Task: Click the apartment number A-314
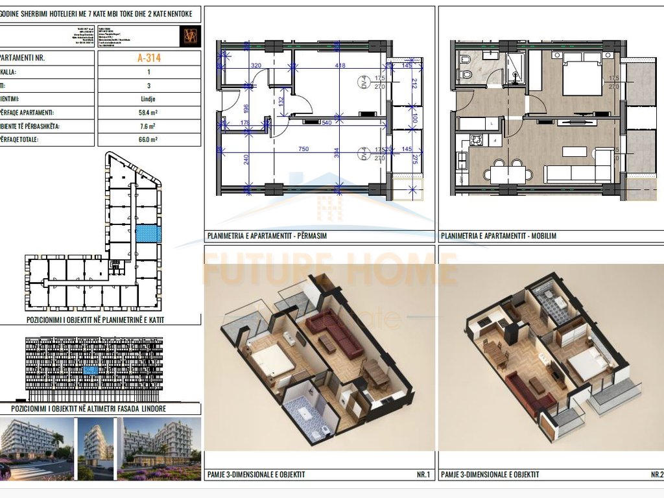[x=148, y=58]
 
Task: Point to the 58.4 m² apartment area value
[x=148, y=113]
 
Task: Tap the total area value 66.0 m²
[x=148, y=139]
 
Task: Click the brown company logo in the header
[x=190, y=36]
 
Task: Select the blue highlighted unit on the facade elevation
[x=91, y=370]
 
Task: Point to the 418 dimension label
[x=340, y=65]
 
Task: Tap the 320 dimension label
[x=255, y=65]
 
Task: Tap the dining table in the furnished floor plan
[x=508, y=173]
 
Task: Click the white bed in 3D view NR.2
[x=588, y=366]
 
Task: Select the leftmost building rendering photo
[x=36, y=447]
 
